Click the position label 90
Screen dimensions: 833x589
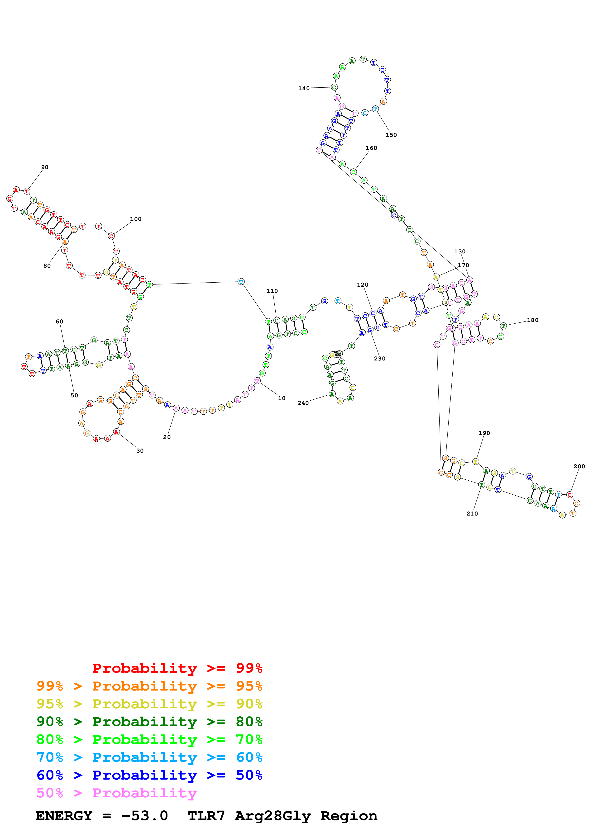[45, 167]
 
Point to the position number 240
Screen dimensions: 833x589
[303, 403]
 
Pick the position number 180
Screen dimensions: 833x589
[532, 320]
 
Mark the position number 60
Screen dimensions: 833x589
[59, 322]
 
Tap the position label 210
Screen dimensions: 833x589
[472, 513]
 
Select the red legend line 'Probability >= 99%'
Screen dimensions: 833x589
[177, 668]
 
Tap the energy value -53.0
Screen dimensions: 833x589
[144, 816]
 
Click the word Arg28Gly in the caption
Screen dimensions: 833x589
[273, 816]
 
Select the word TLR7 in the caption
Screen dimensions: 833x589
[206, 816]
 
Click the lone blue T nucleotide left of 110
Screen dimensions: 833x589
[241, 282]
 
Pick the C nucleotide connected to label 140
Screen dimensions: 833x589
[334, 87]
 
